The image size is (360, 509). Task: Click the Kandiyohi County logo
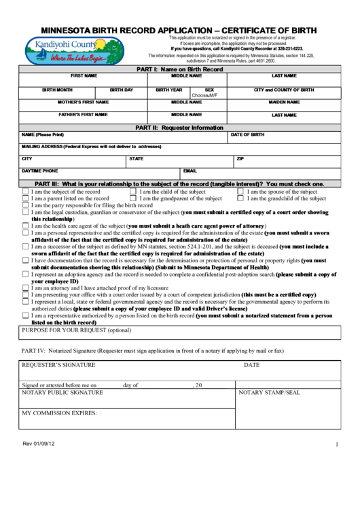tap(75, 49)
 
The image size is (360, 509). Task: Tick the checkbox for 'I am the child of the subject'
tap(133, 192)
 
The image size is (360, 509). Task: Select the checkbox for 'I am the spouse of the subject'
tap(240, 192)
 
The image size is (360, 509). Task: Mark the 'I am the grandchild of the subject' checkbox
tap(240, 199)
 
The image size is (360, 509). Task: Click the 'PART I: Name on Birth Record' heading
tap(179, 69)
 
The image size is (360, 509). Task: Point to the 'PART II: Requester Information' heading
tap(179, 127)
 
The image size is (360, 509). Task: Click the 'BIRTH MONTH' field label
tap(57, 90)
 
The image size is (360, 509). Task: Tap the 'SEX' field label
tap(209, 90)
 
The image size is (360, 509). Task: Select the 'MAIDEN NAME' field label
tap(284, 102)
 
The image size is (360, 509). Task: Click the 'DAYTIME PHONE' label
tap(39, 171)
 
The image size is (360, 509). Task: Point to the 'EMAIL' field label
tap(190, 171)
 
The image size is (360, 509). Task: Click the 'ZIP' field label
tap(240, 158)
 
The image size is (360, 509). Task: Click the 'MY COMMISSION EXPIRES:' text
tap(60, 413)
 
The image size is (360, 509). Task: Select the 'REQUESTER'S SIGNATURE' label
tap(58, 365)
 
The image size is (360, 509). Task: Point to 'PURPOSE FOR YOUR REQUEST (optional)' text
tap(76, 330)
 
